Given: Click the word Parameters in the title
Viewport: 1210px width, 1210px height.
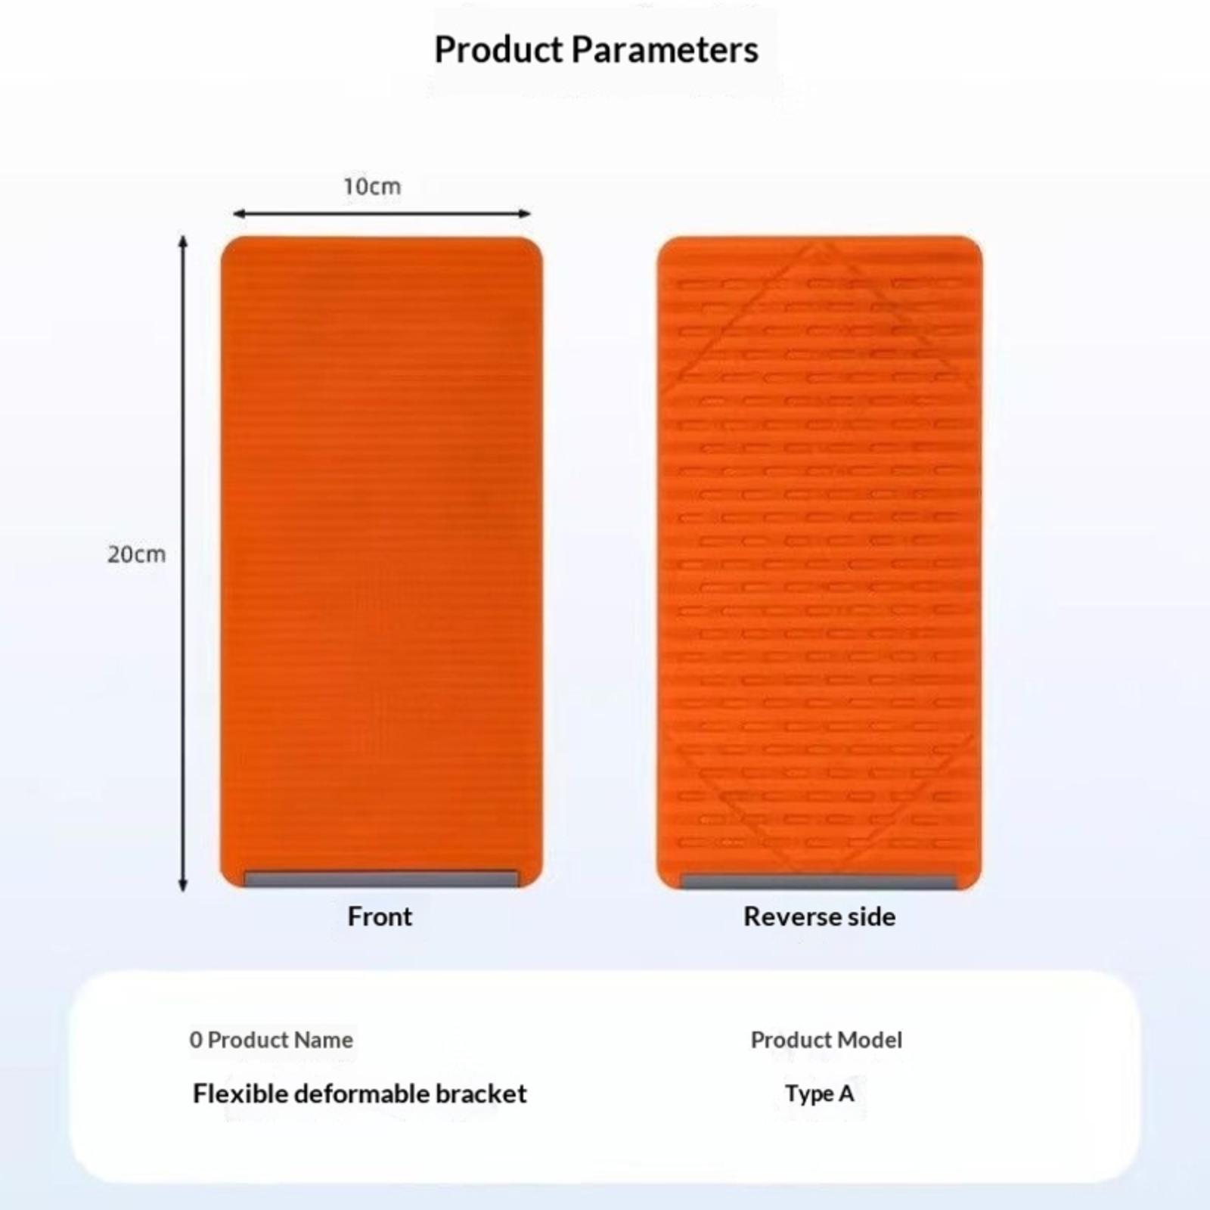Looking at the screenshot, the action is [665, 50].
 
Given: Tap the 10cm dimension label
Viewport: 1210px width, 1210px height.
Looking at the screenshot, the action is [372, 186].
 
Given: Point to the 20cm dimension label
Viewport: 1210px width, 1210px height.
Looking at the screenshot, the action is [136, 554].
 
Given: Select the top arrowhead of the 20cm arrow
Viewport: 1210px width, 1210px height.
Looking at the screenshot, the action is [182, 241].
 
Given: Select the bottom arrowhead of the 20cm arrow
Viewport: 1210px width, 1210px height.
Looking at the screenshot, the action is [182, 885].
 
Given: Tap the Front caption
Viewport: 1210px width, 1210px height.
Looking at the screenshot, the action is [380, 917].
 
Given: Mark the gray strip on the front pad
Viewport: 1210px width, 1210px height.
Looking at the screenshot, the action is [381, 879].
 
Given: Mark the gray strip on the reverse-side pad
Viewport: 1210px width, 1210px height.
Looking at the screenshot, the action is [819, 881].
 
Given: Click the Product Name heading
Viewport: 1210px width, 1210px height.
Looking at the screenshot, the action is [280, 1040].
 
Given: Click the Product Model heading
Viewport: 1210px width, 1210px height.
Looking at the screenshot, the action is [827, 1040].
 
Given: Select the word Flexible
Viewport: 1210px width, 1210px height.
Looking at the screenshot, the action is [240, 1094].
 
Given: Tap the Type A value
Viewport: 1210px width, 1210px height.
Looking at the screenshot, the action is [820, 1094].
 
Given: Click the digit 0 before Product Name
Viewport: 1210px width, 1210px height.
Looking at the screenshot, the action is [195, 1040].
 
